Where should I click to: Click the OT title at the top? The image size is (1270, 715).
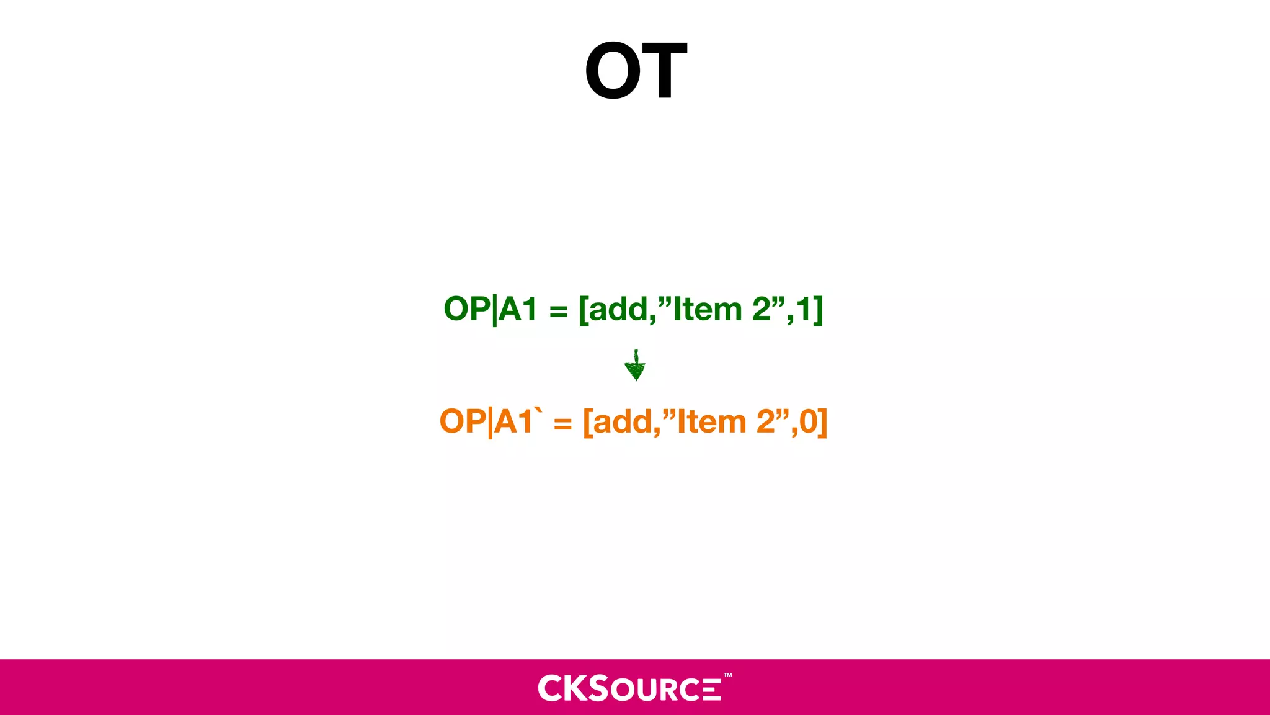coord(636,70)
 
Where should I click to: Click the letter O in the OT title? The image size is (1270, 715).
coord(613,71)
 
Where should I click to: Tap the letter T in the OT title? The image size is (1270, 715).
coord(662,71)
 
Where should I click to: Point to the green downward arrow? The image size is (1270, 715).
coord(635,366)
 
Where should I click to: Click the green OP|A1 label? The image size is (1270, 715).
coord(490,309)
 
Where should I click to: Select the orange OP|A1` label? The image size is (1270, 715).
coord(490,421)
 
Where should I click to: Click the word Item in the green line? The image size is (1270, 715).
coord(707,309)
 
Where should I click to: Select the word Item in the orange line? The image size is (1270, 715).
coord(711,422)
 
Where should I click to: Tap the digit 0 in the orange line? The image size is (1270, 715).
coord(809,422)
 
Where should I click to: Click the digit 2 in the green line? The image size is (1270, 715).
coord(762,309)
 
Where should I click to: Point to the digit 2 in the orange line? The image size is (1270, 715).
coord(766,422)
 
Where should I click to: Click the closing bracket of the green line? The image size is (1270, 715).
coord(819,310)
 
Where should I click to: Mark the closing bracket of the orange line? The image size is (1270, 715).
coord(823,423)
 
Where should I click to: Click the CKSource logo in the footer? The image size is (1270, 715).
coord(629,688)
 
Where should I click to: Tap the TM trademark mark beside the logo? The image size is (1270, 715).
coord(727,675)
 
